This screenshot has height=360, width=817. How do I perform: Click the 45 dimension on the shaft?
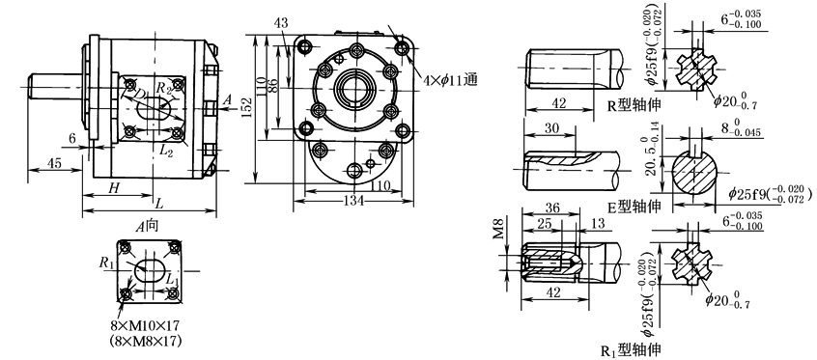pos(53,163)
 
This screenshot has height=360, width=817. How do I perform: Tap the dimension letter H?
pos(114,187)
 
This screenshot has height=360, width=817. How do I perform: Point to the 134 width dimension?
pos(355,201)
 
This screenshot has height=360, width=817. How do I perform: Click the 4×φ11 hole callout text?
pos(450,80)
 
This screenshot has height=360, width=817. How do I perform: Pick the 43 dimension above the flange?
pos(282,23)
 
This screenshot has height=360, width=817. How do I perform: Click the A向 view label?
pos(148,226)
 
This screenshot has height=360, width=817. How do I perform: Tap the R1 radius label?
pos(107,263)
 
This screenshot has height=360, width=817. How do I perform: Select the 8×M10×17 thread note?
pos(145,326)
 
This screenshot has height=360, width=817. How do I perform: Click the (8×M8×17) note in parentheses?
pos(145,342)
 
